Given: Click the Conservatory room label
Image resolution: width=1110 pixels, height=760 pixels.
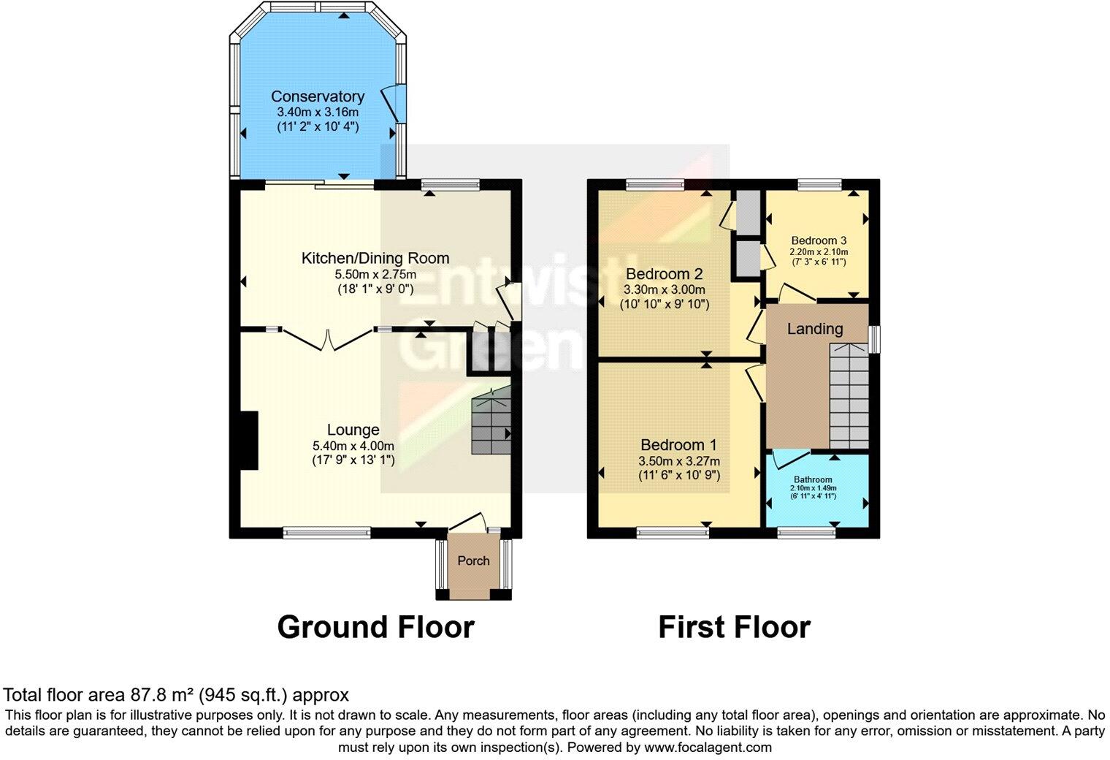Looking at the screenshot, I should [317, 96].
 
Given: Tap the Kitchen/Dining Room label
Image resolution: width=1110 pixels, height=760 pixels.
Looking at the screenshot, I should [375, 258].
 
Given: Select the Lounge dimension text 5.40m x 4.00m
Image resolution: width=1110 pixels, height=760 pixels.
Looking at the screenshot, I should [353, 446].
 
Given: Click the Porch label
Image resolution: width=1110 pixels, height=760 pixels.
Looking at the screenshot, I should [473, 560].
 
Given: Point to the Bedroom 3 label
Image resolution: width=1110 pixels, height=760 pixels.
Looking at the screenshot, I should [819, 240].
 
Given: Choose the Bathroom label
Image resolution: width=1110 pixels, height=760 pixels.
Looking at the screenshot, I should [813, 480].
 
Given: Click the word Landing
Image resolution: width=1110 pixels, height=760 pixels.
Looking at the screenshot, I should [814, 329].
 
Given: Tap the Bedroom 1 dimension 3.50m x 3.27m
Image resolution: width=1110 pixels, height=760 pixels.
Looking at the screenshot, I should [678, 461].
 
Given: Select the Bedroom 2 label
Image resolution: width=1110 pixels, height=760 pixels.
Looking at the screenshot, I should [664, 274].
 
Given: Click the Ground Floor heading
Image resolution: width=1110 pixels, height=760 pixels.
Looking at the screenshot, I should [375, 627].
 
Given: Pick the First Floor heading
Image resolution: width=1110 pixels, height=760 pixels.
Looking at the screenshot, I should [734, 627].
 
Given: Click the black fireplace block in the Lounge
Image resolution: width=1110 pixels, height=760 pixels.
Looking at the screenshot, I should [249, 440].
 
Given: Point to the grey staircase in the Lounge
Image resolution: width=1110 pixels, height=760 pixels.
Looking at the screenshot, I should [491, 422].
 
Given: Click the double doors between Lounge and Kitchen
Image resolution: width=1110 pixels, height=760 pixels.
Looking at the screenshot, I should [327, 339].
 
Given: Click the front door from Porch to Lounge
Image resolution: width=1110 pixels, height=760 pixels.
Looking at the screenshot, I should [468, 522].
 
